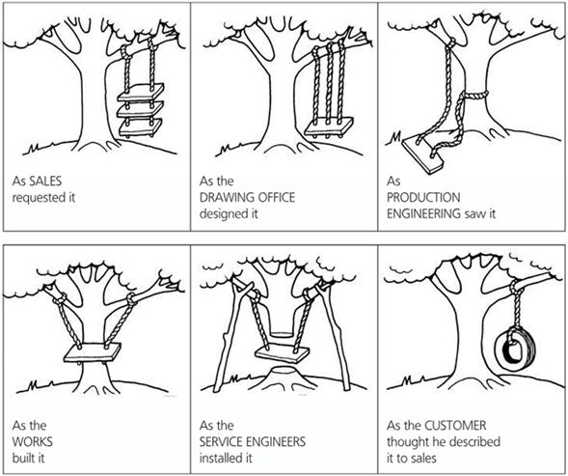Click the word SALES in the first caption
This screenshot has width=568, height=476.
point(45,181)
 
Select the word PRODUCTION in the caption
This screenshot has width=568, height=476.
point(423,197)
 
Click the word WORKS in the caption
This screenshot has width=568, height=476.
point(32,441)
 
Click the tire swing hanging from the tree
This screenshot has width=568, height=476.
point(514,350)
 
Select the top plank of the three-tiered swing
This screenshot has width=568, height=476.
point(141,93)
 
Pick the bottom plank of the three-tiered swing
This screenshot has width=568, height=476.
point(141,127)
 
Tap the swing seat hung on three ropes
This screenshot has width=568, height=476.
point(328,126)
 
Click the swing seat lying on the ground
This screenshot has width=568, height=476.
point(423,154)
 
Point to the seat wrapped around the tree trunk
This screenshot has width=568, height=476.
point(92,352)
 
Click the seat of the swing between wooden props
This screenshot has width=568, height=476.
point(283,353)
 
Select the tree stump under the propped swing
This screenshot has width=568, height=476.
point(282,376)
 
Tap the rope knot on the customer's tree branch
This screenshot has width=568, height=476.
point(514,287)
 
